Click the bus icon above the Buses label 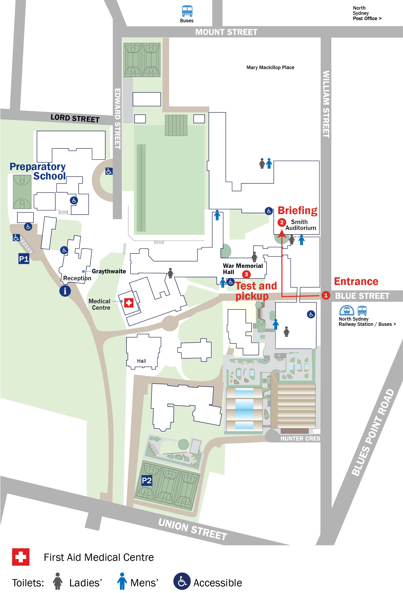click(x=187, y=11)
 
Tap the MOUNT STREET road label click(x=226, y=32)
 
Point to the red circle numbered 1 click(x=325, y=295)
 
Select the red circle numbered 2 click(x=281, y=222)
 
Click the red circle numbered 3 click(x=246, y=274)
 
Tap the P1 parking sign click(x=24, y=259)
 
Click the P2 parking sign click(x=147, y=480)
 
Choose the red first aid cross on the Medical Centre click(x=129, y=303)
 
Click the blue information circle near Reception click(x=65, y=291)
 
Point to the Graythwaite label click(x=109, y=271)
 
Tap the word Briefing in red click(x=297, y=210)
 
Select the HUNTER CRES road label click(x=300, y=439)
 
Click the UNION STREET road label click(x=192, y=529)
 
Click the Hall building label click(x=142, y=361)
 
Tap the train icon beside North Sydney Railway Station click(x=346, y=311)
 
